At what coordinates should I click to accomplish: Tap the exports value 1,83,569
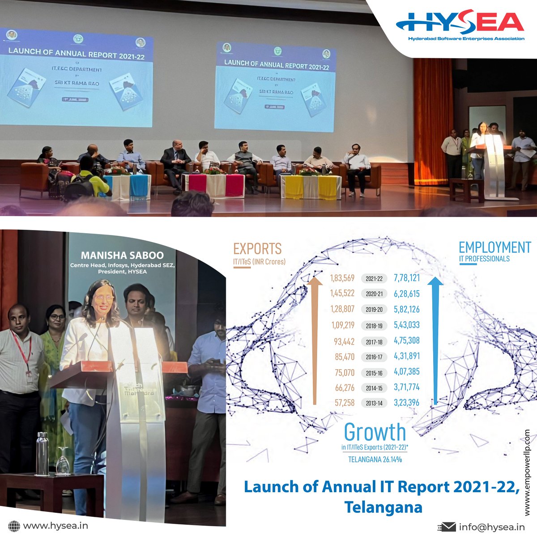coord(342,278)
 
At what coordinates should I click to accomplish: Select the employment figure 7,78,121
coord(407,278)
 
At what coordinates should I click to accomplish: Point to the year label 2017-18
coord(374,342)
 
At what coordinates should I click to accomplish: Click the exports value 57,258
coord(345,403)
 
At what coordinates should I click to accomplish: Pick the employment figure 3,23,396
coord(407,402)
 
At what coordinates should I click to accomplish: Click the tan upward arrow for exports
coord(315,340)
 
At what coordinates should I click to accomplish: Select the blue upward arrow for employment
coord(435,340)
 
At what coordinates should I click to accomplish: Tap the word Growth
coord(375,432)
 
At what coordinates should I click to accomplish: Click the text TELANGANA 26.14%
coord(375,459)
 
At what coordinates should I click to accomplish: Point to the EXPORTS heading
coord(257,249)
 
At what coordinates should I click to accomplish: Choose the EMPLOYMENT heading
coord(494,247)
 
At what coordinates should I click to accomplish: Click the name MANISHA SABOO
coord(122,256)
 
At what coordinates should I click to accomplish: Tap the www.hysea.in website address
coord(55,526)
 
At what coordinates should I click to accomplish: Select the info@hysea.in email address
coord(492,527)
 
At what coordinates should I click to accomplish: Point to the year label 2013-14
coord(374,403)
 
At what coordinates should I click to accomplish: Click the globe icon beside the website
coord(14,526)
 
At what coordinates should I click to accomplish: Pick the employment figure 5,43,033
coord(407,325)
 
